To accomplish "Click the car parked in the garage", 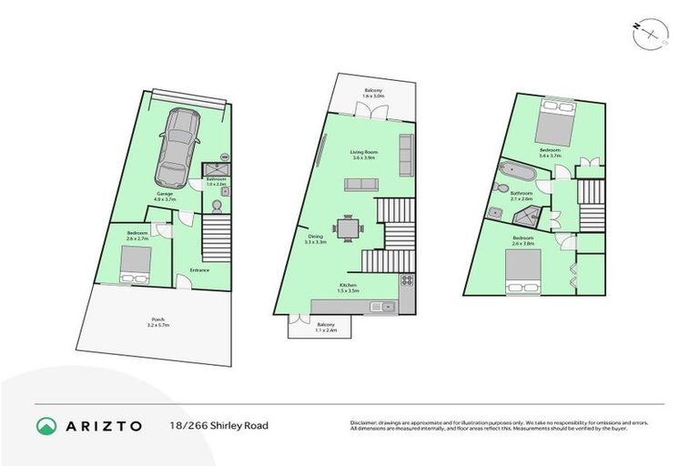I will click(x=177, y=145).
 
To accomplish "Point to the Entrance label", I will click(x=200, y=269).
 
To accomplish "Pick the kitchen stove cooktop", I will click(x=407, y=279).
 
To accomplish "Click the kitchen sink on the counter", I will click(x=385, y=306).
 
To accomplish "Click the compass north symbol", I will click(x=648, y=33).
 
